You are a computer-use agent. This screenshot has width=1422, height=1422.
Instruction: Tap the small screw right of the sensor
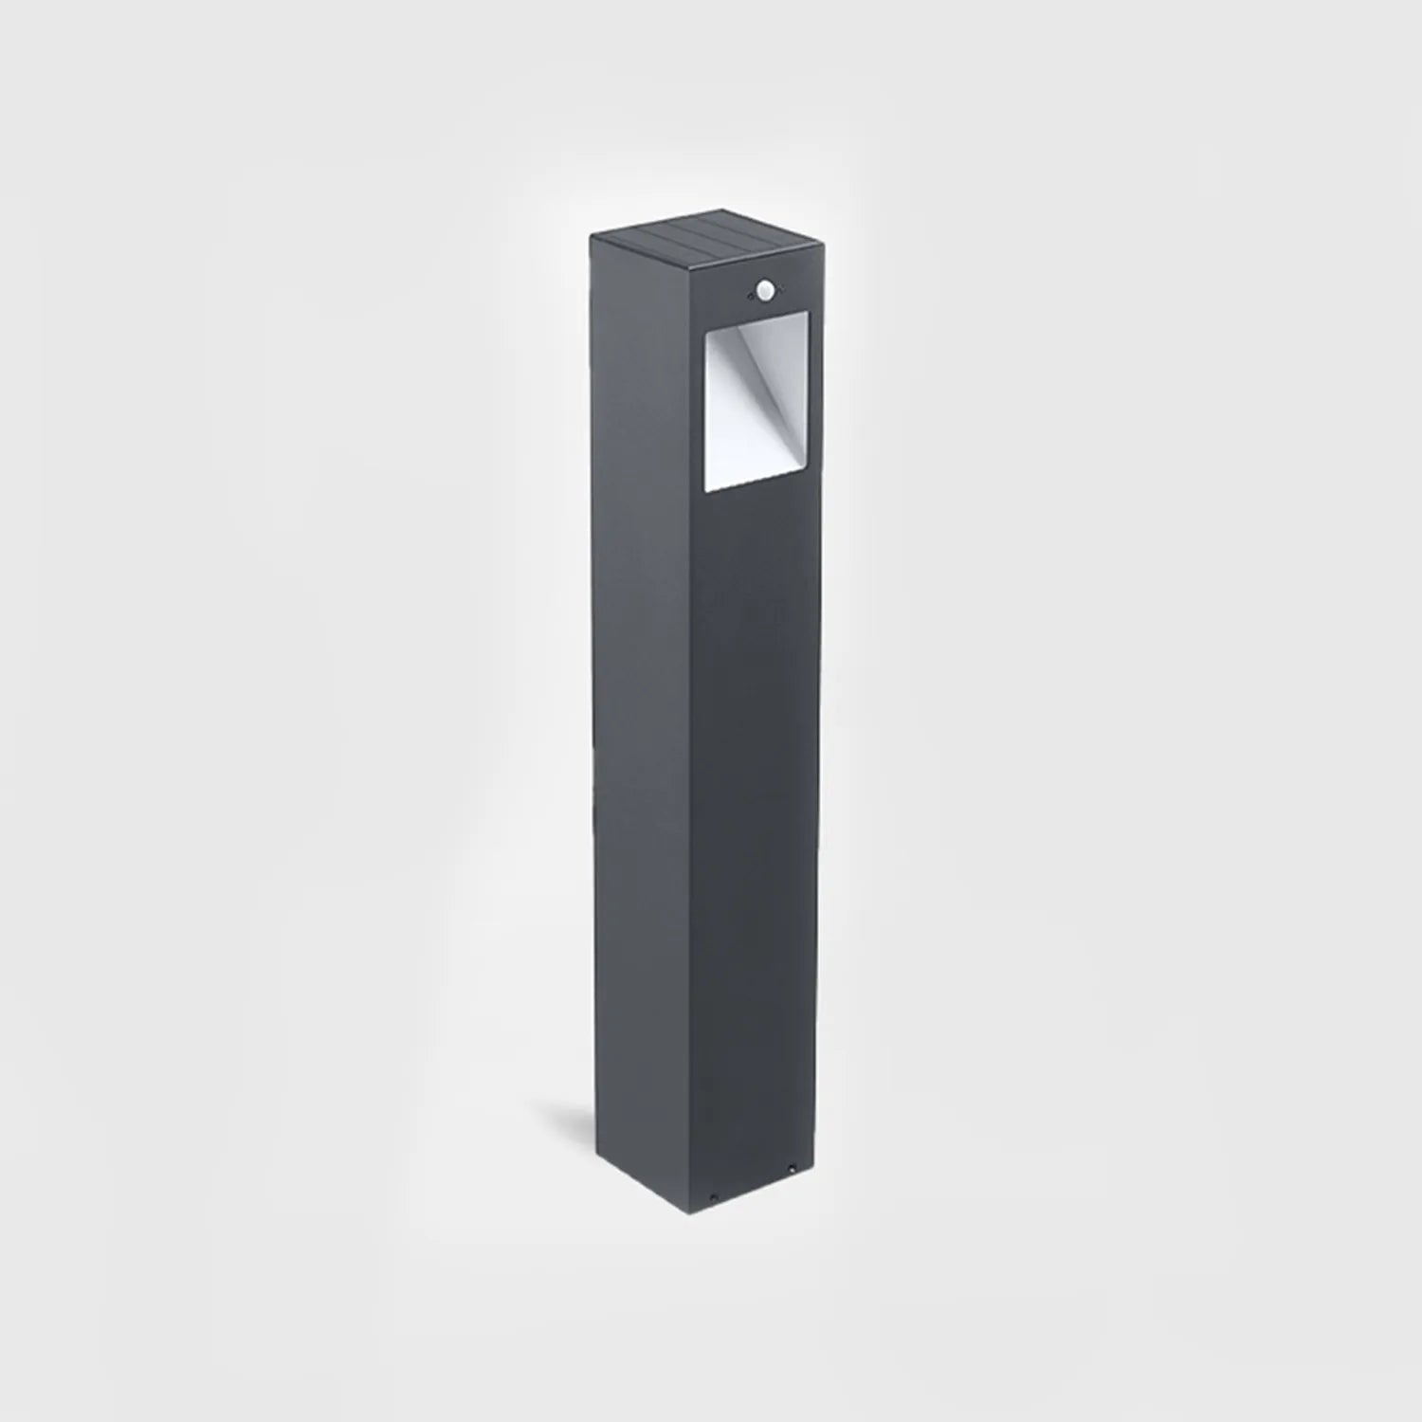pyautogui.click(x=784, y=274)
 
